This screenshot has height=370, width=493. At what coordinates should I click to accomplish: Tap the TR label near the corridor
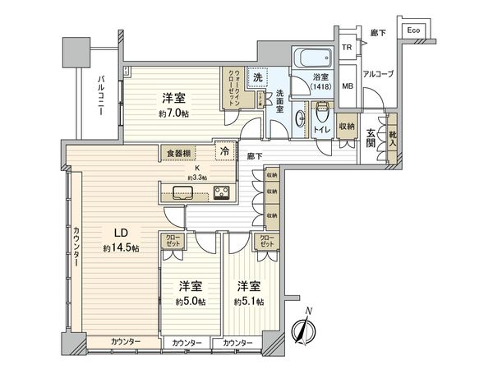pyautogui.click(x=348, y=49)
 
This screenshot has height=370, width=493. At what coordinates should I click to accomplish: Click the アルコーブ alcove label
pyautogui.click(x=378, y=75)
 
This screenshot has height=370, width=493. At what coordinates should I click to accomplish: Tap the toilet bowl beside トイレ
pyautogui.click(x=302, y=120)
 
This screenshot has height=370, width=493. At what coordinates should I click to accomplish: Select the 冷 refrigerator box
pyautogui.click(x=223, y=151)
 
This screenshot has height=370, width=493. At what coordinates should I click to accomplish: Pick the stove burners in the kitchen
pyautogui.click(x=222, y=194)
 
